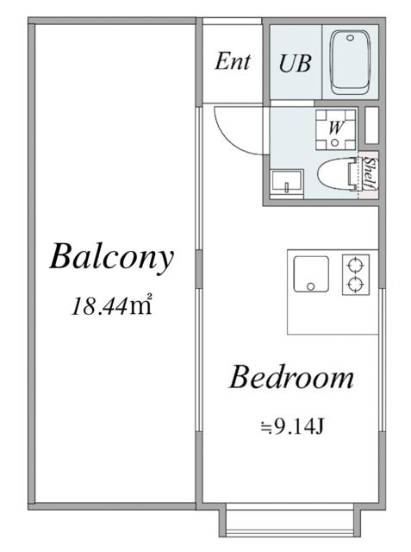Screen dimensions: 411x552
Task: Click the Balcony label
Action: [112, 257]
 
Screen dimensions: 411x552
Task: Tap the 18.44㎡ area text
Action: [111, 304]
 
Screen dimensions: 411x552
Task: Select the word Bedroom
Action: [291, 377]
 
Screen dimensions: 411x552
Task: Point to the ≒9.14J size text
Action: [291, 427]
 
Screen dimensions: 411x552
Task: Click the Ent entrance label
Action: [233, 61]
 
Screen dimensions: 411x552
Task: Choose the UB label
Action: [295, 63]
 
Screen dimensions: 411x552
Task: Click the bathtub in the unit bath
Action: [351, 63]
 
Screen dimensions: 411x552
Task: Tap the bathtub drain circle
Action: [350, 38]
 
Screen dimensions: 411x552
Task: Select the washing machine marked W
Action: [335, 129]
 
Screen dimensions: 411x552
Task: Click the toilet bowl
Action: [333, 174]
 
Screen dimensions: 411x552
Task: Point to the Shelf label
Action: [369, 172]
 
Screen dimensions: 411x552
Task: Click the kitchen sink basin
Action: [312, 274]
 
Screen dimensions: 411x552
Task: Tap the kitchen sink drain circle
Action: [311, 286]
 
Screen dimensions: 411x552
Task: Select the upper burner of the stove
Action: [356, 265]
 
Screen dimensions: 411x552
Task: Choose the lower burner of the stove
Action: [356, 284]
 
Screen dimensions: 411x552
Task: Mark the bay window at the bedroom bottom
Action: [290, 521]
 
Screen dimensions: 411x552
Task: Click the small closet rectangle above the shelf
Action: [371, 125]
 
